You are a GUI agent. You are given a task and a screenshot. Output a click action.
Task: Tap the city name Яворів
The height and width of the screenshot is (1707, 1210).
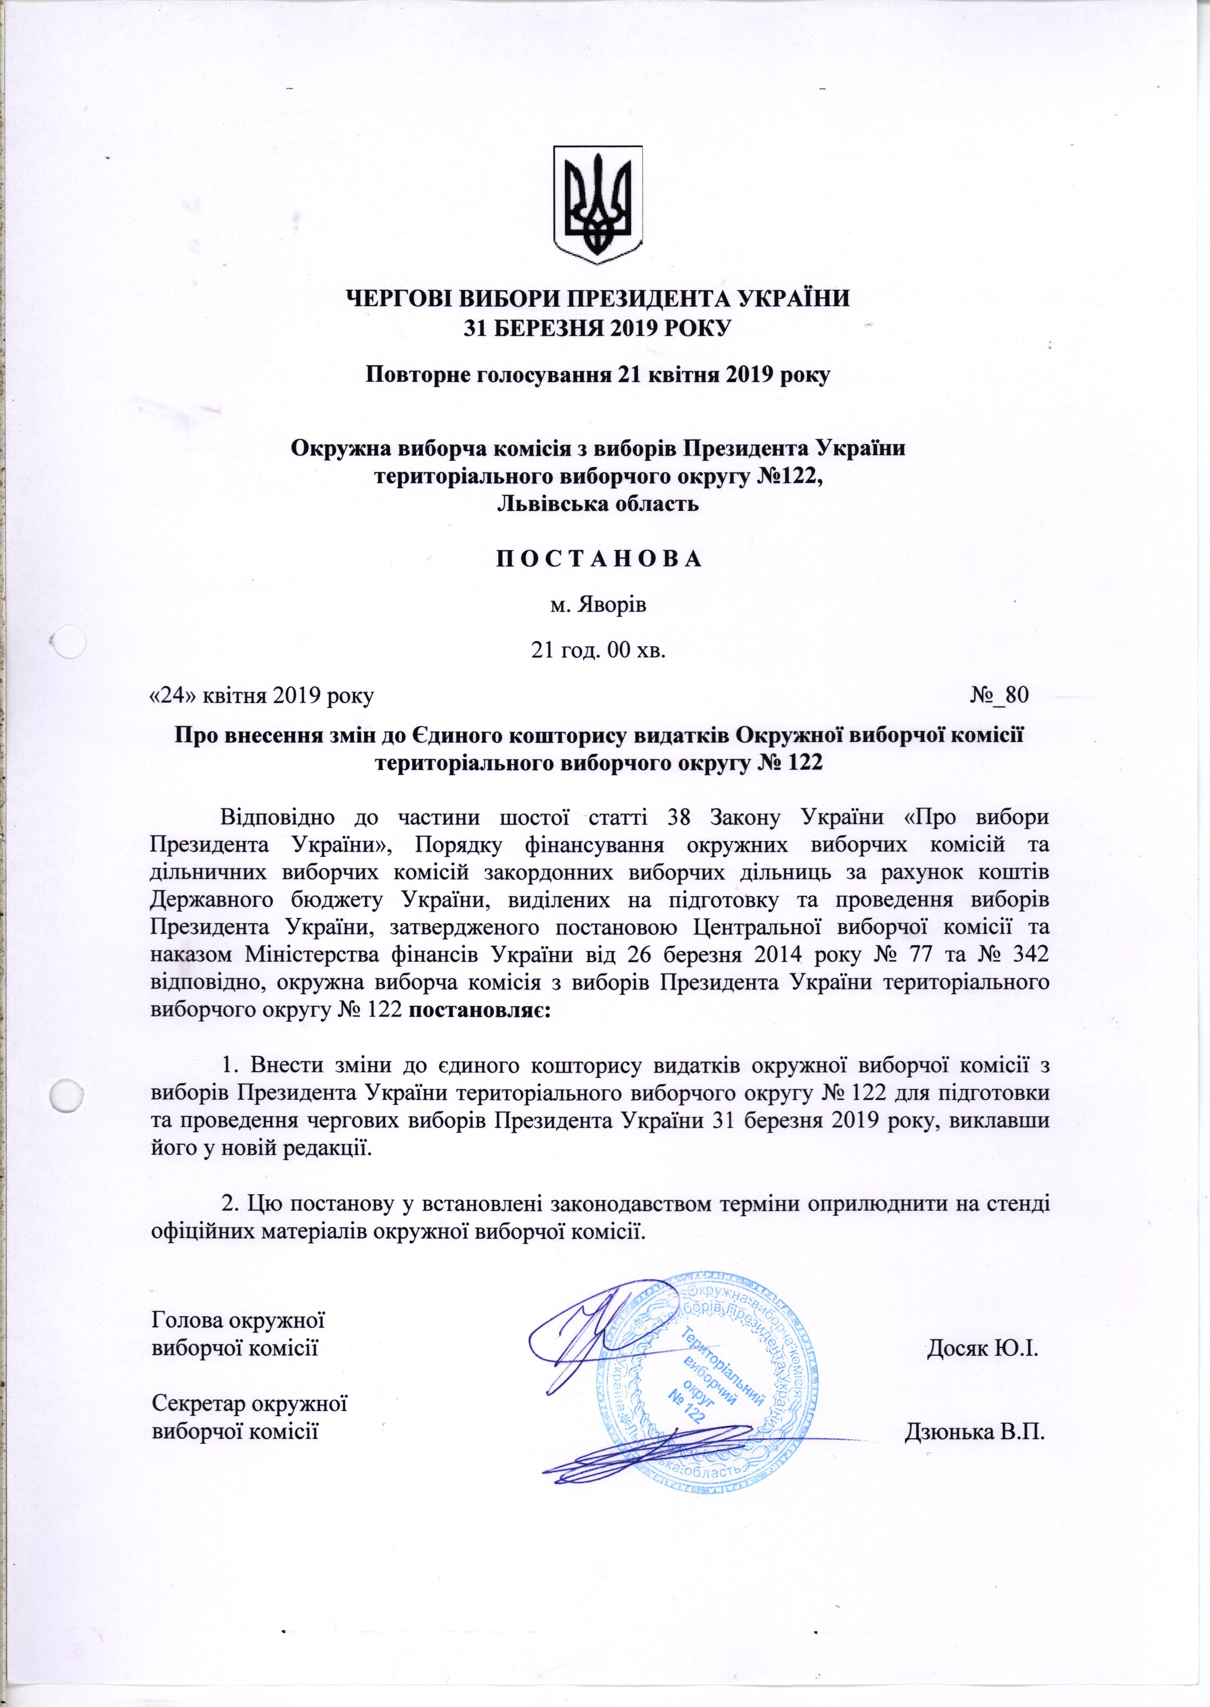click(x=598, y=605)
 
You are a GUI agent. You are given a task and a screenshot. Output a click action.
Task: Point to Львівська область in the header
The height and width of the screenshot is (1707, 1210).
click(x=598, y=504)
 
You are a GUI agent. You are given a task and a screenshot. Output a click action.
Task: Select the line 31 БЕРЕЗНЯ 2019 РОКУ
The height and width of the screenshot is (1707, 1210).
click(x=598, y=328)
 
